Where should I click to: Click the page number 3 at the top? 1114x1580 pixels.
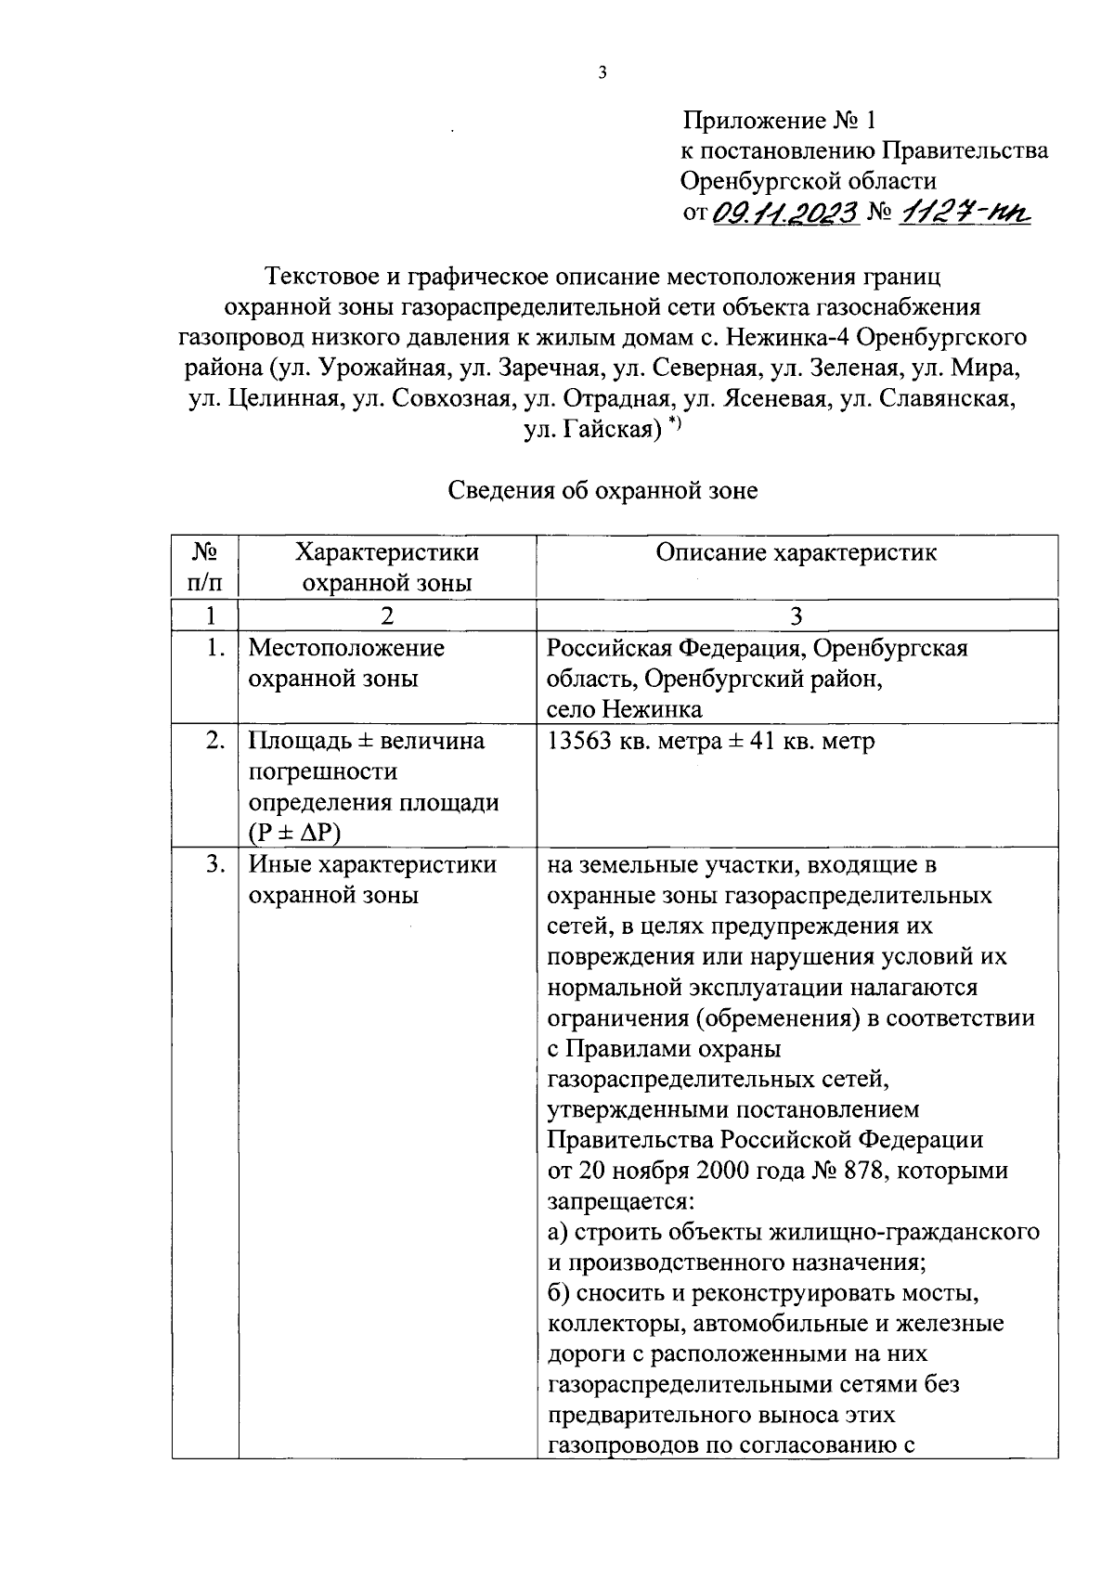click(602, 73)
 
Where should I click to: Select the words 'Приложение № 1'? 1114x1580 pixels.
click(779, 121)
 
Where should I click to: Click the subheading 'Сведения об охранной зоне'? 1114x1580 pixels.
click(602, 490)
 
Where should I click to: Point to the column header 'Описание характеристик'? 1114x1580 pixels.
click(797, 553)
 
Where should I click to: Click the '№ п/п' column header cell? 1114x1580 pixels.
click(205, 567)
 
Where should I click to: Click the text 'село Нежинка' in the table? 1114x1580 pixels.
click(624, 709)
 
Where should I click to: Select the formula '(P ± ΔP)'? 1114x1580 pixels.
click(294, 833)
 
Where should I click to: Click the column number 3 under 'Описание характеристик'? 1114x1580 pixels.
click(797, 615)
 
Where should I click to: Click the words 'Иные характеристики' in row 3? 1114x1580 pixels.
click(372, 865)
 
